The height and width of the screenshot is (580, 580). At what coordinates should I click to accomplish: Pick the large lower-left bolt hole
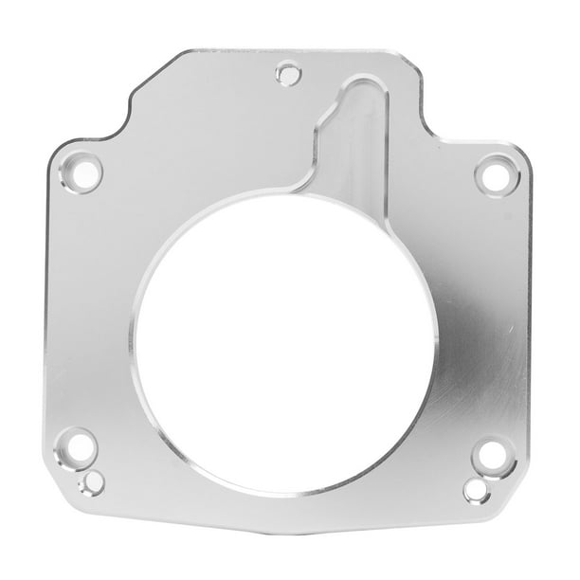click(x=76, y=444)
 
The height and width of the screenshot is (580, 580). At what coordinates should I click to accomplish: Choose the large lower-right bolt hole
click(x=490, y=455)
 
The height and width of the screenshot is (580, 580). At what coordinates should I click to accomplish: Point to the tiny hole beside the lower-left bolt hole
click(x=92, y=482)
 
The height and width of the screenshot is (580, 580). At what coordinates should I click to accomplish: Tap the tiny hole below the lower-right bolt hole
click(x=473, y=490)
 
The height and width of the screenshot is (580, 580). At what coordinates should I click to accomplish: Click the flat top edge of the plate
click(x=284, y=49)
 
